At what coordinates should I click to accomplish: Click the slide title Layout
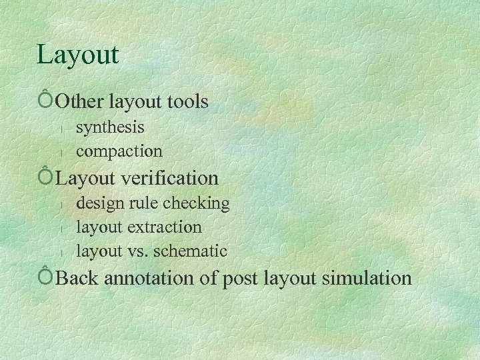click(x=78, y=55)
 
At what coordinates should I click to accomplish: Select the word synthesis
click(x=110, y=126)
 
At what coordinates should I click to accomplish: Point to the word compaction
click(x=119, y=151)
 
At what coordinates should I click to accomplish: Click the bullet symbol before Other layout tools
click(x=45, y=100)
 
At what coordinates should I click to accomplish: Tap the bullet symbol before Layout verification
click(x=45, y=177)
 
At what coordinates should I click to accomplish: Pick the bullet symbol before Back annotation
click(x=45, y=275)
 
